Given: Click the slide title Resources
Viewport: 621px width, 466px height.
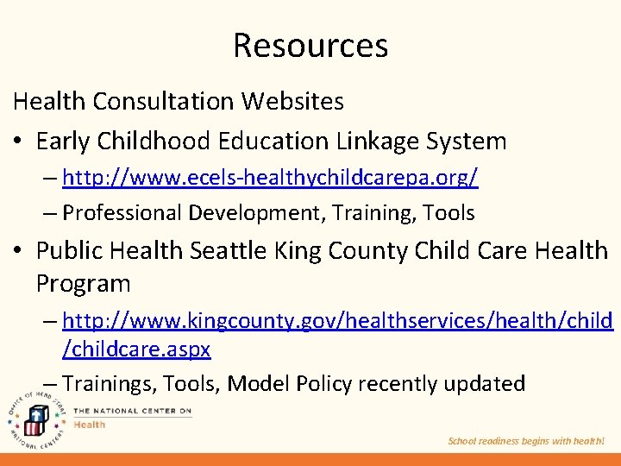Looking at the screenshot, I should tap(310, 45).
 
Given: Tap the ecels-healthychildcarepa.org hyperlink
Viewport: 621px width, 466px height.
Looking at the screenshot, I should tap(270, 179).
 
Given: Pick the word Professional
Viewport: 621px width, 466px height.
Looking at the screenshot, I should tap(122, 212).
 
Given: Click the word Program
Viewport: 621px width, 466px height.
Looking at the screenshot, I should tap(83, 283).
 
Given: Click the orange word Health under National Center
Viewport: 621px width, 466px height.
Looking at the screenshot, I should tap(90, 424).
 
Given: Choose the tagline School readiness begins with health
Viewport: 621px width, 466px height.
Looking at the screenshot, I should tap(526, 441).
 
